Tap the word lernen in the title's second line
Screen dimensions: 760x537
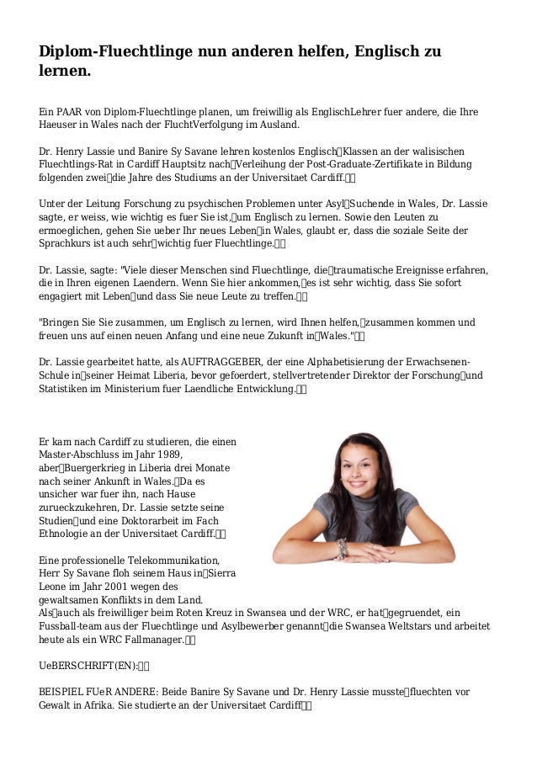[x=63, y=75]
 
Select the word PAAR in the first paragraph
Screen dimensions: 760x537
[x=69, y=110]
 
